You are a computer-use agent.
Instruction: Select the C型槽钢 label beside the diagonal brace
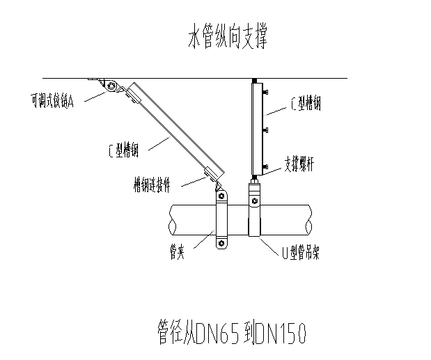[x=127, y=149]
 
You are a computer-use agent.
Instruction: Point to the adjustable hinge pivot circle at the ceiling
[x=111, y=86]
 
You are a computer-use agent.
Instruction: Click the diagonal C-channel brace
[x=175, y=128]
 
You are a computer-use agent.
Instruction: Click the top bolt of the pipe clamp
[x=221, y=197]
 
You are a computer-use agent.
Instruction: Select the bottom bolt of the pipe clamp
[x=221, y=244]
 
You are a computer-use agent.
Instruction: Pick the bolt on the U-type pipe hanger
[x=256, y=202]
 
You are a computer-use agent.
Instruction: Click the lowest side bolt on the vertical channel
[x=265, y=164]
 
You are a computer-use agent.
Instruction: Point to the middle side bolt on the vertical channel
[x=265, y=130]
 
